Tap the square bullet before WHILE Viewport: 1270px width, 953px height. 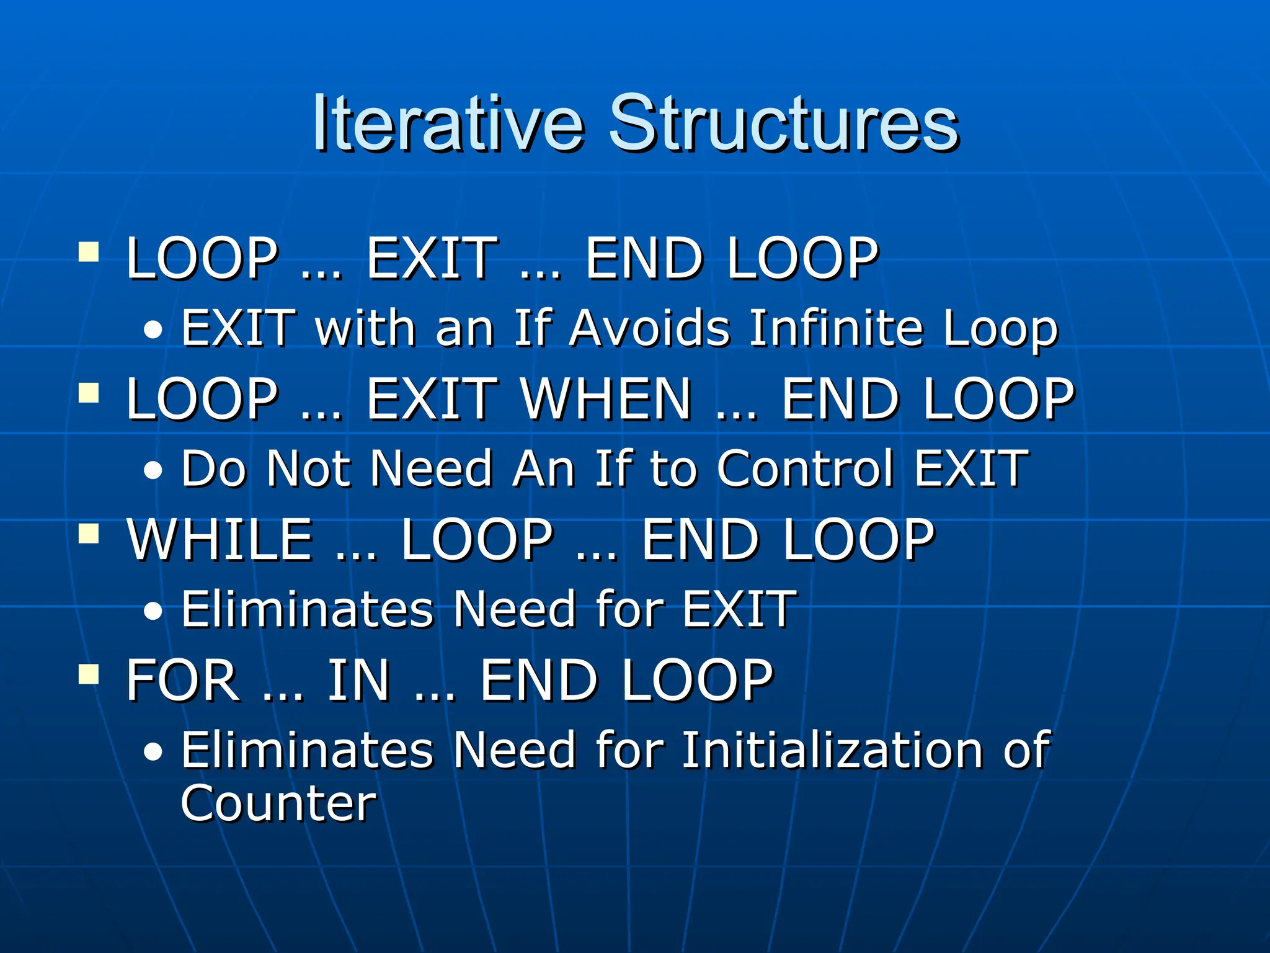[89, 533]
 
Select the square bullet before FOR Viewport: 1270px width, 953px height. [89, 674]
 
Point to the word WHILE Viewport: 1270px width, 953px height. [220, 539]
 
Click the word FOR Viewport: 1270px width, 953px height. [182, 680]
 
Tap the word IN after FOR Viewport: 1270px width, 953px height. [358, 680]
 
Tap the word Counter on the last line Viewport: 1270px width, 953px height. [278, 803]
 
